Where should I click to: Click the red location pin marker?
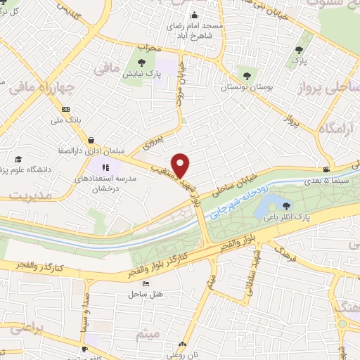coord(181,165)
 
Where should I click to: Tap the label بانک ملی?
coord(69,120)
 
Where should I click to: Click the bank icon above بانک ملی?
coord(65,109)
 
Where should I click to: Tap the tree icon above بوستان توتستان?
coord(246,73)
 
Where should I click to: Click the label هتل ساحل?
coord(153,295)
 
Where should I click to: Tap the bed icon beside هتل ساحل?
coord(145,283)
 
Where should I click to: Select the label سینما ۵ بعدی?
coord(326,181)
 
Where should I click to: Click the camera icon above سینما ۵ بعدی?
coord(327,169)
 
